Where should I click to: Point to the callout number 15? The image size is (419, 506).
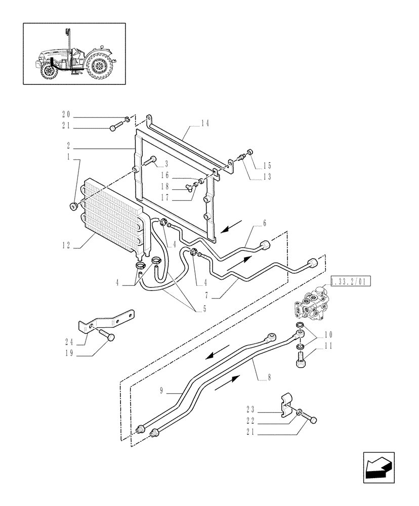[267, 165]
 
